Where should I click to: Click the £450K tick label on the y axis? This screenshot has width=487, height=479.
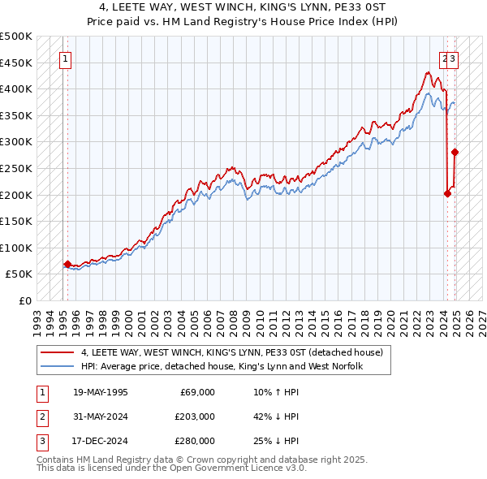pyautogui.click(x=17, y=63)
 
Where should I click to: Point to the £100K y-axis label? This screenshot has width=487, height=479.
pyautogui.click(x=17, y=248)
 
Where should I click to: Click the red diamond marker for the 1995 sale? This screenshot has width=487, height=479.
pyautogui.click(x=67, y=264)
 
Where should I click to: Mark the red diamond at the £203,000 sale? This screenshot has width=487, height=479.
pyautogui.click(x=447, y=193)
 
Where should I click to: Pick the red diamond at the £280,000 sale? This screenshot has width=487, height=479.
pyautogui.click(x=455, y=152)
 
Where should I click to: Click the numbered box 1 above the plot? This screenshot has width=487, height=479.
pyautogui.click(x=64, y=58)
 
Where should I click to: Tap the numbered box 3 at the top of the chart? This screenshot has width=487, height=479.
pyautogui.click(x=453, y=58)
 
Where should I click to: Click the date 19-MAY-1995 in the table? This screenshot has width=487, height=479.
pyautogui.click(x=100, y=392)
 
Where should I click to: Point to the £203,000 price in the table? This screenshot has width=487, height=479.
pyautogui.click(x=194, y=416)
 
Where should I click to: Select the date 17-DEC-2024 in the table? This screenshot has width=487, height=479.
pyautogui.click(x=100, y=441)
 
